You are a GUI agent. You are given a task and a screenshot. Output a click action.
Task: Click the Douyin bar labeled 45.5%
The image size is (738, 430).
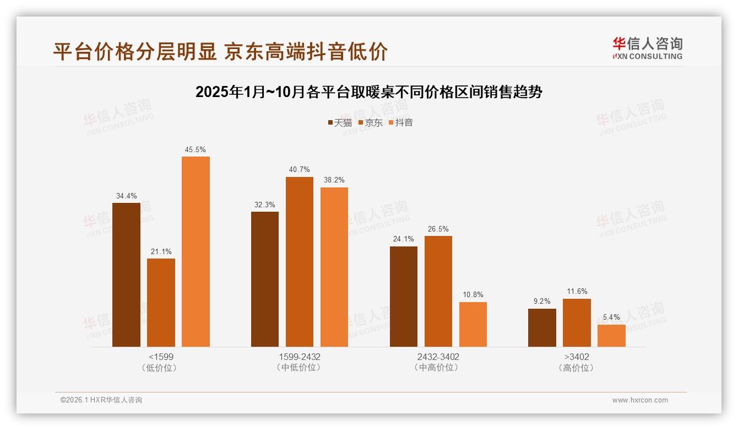[196, 251]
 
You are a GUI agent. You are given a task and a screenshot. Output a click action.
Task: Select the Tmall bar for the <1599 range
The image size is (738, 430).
[126, 275]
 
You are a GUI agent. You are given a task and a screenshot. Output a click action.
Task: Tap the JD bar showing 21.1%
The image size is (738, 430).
[161, 303]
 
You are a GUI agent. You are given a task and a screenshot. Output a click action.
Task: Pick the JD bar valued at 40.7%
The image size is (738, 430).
[299, 262]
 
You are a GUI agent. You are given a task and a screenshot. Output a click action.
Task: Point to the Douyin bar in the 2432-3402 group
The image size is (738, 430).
[473, 324]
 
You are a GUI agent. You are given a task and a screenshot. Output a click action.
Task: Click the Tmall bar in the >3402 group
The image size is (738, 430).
[542, 327]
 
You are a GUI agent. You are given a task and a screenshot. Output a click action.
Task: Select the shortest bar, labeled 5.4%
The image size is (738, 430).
[611, 336]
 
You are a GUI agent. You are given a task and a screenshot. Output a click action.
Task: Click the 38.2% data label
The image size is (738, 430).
[334, 180]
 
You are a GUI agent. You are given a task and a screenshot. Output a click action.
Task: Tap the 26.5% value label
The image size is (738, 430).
[438, 229]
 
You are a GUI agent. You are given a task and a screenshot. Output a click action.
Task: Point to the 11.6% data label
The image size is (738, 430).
[577, 292]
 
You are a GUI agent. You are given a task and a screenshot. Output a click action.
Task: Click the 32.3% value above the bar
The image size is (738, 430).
[265, 205]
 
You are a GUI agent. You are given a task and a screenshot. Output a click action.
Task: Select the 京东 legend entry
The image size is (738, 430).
[370, 122]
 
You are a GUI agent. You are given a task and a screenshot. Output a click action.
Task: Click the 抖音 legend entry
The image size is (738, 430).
[400, 122]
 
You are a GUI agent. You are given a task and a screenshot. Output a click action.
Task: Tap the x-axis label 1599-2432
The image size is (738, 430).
[299, 357]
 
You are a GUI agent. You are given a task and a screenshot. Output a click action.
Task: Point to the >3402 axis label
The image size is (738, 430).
[577, 357]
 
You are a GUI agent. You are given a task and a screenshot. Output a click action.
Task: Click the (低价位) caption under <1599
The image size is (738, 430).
[161, 368]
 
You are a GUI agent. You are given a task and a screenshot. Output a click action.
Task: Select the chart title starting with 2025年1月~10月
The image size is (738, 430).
[369, 92]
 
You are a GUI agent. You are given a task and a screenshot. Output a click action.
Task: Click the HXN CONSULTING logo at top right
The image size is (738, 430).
[647, 49]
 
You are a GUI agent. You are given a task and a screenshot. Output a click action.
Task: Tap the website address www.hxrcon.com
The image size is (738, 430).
[640, 400]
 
